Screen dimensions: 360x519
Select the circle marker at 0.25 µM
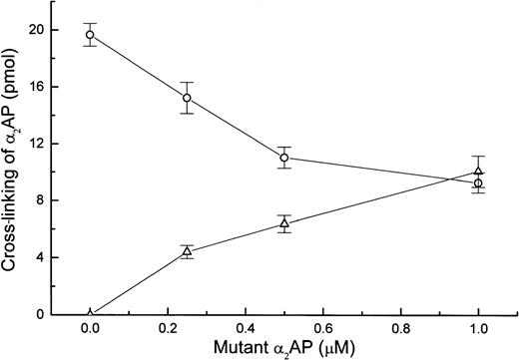coord(187,98)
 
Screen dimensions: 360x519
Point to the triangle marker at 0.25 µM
coord(187,252)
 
